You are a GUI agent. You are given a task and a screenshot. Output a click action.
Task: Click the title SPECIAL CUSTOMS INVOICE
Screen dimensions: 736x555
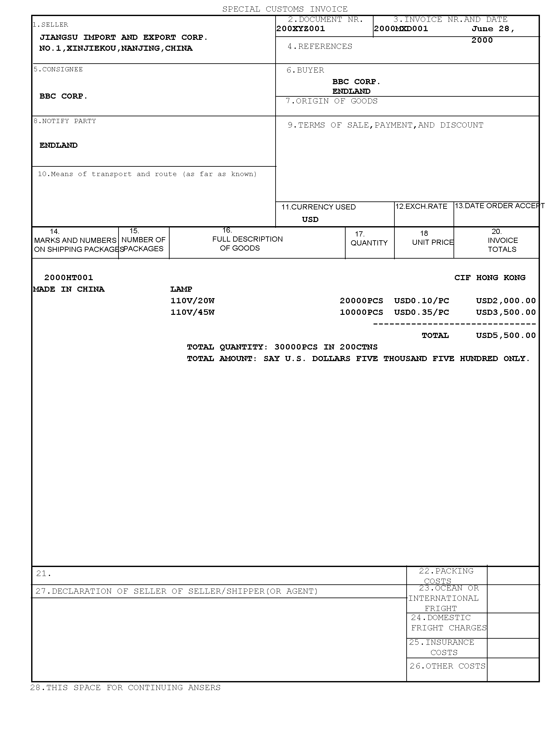(x=285, y=9)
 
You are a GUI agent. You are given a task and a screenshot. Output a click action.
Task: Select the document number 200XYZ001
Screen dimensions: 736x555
(x=300, y=29)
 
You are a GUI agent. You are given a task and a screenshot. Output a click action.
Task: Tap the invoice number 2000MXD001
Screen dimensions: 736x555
(x=401, y=29)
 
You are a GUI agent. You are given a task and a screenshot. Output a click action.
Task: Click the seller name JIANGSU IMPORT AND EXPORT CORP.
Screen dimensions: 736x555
(x=123, y=37)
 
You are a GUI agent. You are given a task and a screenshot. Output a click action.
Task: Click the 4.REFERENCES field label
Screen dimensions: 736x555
(x=320, y=46)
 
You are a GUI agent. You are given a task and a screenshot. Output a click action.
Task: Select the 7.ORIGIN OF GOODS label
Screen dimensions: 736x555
(x=332, y=101)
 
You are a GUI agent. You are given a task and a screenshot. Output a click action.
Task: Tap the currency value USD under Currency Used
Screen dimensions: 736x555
(x=310, y=219)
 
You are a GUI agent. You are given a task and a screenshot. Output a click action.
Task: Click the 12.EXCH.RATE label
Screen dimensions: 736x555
(x=421, y=206)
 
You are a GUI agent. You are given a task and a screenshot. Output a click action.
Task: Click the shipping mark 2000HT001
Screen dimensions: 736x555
(x=68, y=278)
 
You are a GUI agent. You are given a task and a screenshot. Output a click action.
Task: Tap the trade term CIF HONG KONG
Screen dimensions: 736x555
(x=490, y=278)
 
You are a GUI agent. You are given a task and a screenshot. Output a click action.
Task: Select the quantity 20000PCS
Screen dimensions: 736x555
(x=361, y=301)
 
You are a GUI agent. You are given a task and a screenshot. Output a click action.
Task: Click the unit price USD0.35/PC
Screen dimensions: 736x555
(x=422, y=313)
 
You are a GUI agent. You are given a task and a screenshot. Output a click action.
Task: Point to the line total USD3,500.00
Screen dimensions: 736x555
(x=506, y=313)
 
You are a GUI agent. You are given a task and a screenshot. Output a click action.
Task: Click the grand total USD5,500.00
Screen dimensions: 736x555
(x=506, y=335)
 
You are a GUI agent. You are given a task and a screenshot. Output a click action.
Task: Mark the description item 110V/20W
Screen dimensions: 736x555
(x=192, y=301)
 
